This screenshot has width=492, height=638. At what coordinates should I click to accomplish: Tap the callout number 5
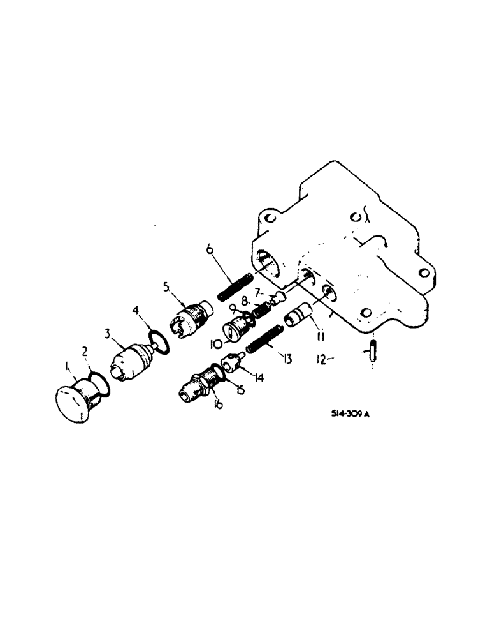[x=167, y=287]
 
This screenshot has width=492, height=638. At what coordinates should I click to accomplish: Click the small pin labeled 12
[x=372, y=353]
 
